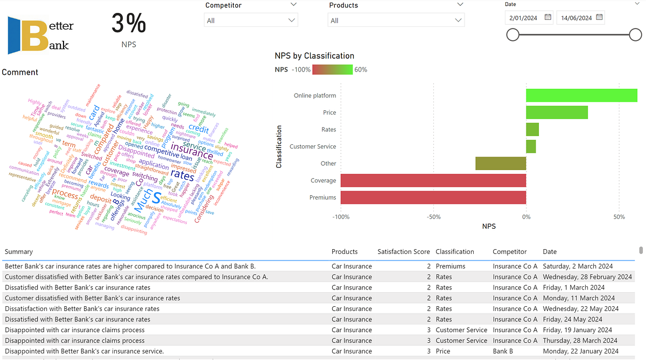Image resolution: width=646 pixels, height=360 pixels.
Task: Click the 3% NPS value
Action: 129,24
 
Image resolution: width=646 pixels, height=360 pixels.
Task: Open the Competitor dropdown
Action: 251,20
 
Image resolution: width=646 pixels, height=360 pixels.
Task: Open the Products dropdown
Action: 396,20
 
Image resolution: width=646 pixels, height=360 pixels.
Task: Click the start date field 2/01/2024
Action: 523,18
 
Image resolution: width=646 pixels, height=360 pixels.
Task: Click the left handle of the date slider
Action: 513,35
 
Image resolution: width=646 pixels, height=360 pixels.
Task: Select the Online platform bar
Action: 581,96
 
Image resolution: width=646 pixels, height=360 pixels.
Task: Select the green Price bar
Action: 557,112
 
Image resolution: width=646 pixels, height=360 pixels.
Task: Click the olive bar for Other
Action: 501,164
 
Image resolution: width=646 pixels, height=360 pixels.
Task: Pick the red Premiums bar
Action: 433,197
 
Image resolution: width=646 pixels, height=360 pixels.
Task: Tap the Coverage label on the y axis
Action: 323,181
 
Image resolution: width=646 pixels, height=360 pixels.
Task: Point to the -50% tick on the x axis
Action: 433,217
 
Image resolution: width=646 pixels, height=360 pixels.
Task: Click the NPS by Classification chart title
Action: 314,56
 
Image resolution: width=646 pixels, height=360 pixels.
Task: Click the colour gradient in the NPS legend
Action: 332,69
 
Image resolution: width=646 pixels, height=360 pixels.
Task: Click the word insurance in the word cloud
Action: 192,147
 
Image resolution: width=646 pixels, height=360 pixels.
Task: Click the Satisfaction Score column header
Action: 404,252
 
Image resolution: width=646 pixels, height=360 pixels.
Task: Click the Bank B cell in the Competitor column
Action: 503,351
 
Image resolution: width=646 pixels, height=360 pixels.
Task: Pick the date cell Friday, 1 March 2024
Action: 573,287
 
